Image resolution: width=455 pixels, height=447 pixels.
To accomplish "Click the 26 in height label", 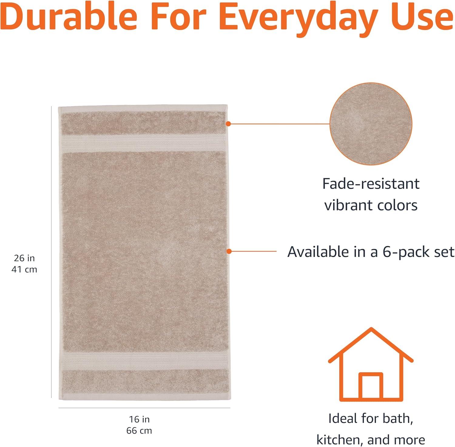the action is [24, 258].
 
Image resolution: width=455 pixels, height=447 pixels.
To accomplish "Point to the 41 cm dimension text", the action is [24, 269].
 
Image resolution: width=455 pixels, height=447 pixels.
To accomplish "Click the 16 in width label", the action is [139, 419].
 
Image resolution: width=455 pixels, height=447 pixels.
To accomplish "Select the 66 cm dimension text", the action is [139, 430].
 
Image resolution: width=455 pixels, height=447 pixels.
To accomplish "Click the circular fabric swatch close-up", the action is [371, 124].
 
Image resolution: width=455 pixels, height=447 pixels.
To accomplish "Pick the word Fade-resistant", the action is [371, 184].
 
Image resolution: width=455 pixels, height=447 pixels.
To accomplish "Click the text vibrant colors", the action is [371, 205].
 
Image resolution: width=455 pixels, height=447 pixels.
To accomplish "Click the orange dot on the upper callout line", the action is [228, 124].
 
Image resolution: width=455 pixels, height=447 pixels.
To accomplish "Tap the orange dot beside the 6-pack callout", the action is [229, 251].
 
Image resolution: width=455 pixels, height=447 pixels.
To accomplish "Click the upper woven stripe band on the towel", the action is [143, 143].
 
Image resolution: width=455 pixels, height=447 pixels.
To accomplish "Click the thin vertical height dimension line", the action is [51, 252].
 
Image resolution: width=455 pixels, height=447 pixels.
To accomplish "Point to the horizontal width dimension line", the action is [144, 408].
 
